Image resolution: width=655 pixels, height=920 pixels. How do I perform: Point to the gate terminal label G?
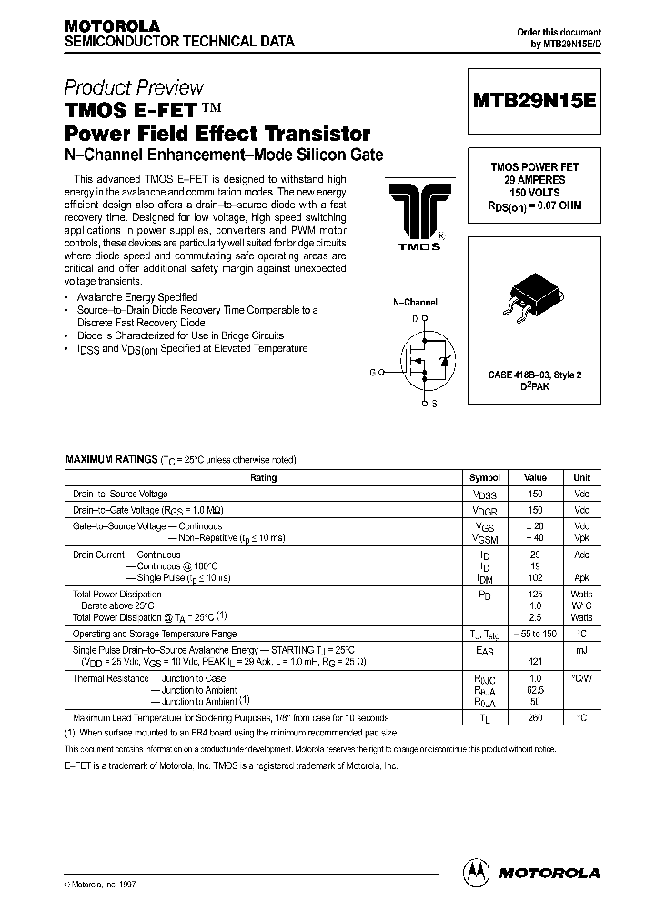tap(372, 372)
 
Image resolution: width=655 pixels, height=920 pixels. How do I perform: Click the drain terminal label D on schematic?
tap(415, 319)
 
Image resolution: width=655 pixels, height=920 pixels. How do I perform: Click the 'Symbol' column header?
tap(484, 477)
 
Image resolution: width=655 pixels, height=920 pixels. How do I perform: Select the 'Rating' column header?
tap(263, 477)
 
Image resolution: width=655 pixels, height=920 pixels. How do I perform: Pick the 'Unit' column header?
tap(581, 477)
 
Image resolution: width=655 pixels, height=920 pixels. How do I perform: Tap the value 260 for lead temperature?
tap(535, 716)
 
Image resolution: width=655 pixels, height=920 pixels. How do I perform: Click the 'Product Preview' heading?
tap(134, 88)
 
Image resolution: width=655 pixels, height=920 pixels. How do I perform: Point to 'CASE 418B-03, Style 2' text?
tap(535, 375)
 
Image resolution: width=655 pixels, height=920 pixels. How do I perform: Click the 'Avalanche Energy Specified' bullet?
tap(137, 297)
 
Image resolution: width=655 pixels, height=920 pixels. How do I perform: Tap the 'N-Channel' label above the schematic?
tap(415, 302)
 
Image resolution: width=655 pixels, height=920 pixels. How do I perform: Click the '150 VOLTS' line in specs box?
tap(535, 193)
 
